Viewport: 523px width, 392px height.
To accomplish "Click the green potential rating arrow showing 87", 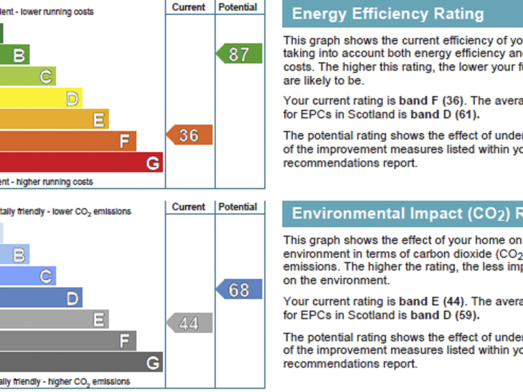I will click(x=239, y=54).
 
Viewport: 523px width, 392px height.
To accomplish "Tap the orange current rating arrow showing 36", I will click(x=189, y=135).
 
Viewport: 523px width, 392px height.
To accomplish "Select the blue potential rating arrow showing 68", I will click(x=239, y=289).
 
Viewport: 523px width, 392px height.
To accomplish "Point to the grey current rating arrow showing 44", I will click(x=189, y=323).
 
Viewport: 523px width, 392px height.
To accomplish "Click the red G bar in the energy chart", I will click(x=81, y=162).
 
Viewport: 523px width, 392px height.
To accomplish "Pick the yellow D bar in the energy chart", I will click(x=41, y=98).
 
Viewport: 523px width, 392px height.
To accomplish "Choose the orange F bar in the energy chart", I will click(x=68, y=141).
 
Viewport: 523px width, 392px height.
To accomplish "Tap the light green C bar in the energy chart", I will click(x=28, y=76).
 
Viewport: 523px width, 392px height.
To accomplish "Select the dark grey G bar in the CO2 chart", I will click(x=81, y=362).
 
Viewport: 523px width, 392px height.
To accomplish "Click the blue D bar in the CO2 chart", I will click(x=41, y=298).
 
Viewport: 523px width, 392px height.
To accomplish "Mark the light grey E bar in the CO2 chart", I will click(x=54, y=319).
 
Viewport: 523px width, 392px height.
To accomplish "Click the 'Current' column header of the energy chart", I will click(x=188, y=7).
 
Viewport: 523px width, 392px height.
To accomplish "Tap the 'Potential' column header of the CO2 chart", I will click(x=238, y=207).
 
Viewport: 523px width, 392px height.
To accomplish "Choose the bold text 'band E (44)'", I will click(x=431, y=302).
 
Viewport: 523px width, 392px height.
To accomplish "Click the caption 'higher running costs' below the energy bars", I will click(x=55, y=182).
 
